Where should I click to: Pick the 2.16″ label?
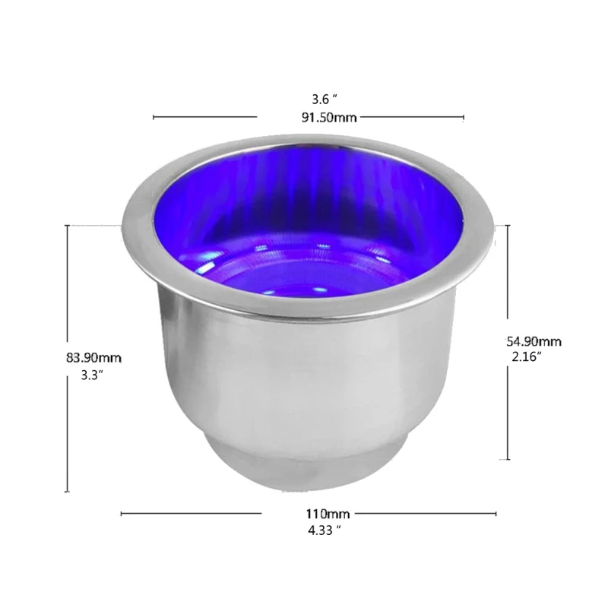coord(527,356)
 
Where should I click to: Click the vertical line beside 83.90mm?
coord(68,358)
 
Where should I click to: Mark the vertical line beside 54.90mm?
coord(508,342)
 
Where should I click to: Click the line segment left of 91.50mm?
coord(205,117)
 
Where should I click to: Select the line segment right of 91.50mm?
coord(411,117)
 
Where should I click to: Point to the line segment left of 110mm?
coord(191,514)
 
